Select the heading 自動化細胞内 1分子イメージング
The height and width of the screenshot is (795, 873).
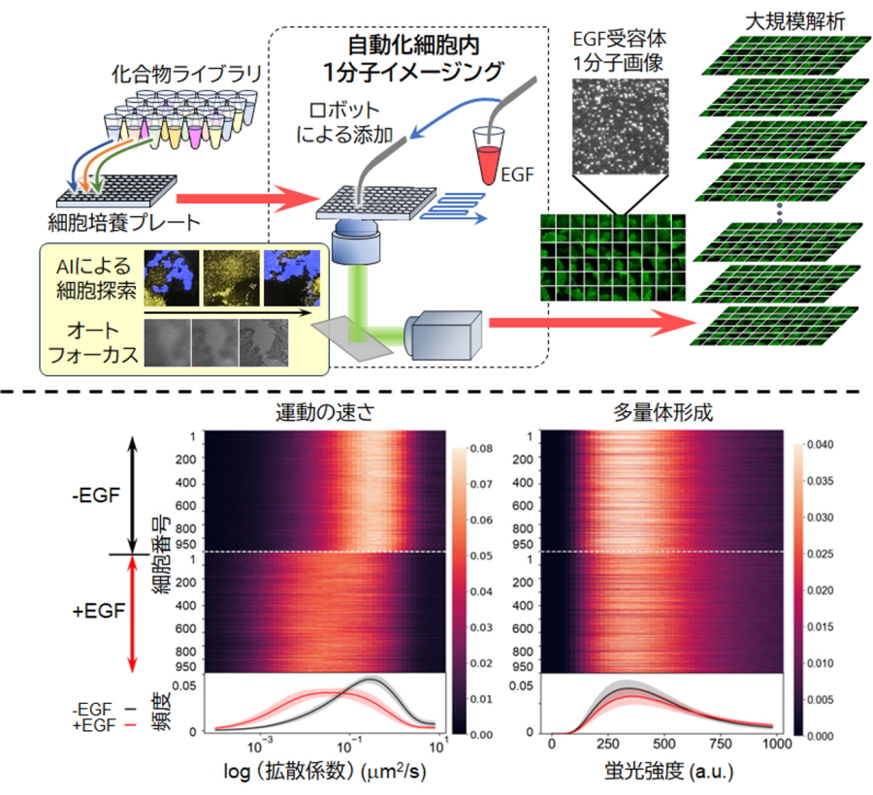(x=414, y=59)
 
